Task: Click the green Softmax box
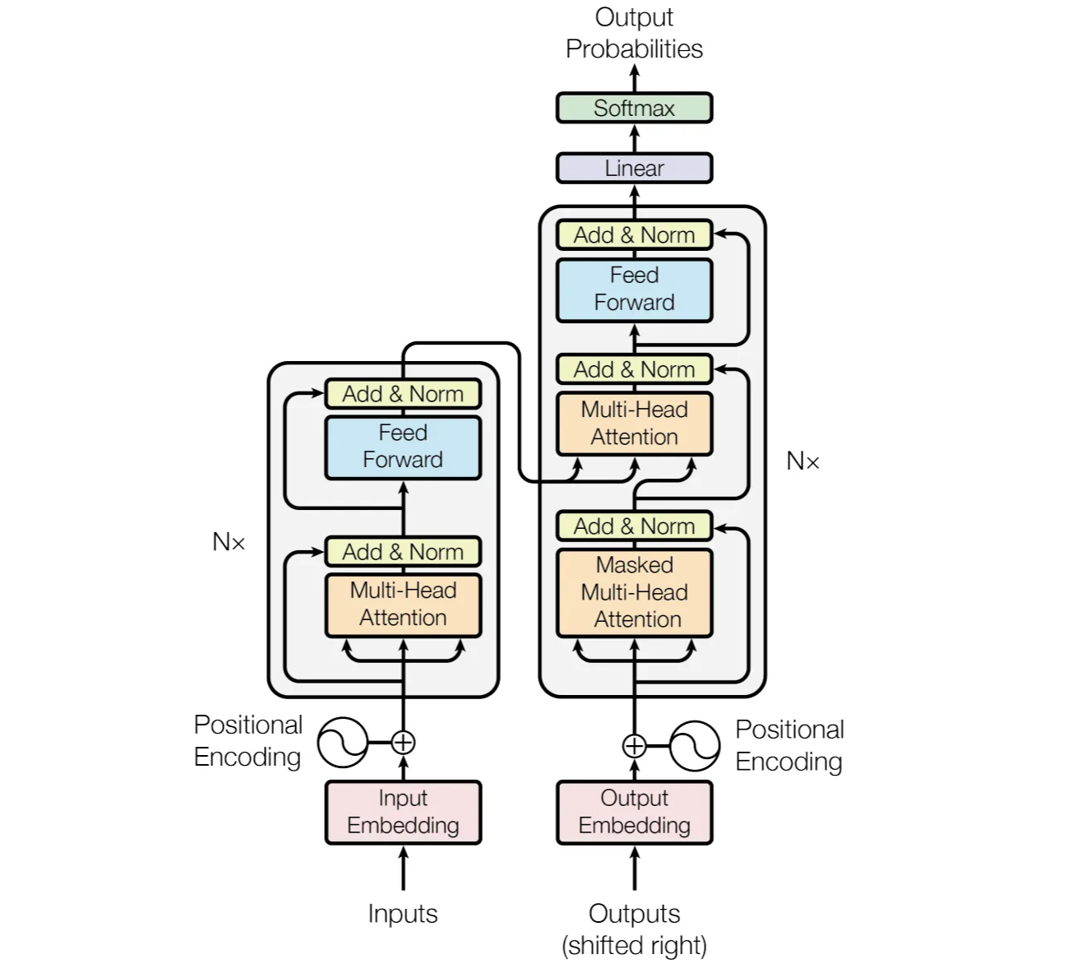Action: [x=634, y=108]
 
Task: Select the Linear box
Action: [x=634, y=168]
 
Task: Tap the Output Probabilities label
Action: [x=634, y=33]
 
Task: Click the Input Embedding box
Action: [x=403, y=812]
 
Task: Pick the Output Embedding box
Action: [x=634, y=812]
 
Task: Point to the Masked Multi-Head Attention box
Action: [x=634, y=592]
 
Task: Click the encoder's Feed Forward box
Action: [x=403, y=447]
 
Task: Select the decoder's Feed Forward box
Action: [x=634, y=289]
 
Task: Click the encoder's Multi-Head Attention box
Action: [x=403, y=605]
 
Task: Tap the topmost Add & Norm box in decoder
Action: [x=634, y=235]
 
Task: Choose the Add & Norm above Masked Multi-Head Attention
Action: [x=634, y=526]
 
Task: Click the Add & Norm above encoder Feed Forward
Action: [x=403, y=394]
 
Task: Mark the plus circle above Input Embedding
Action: [x=403, y=742]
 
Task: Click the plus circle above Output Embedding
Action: [x=634, y=746]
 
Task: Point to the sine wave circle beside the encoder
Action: [x=342, y=742]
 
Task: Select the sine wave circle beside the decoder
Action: [x=695, y=746]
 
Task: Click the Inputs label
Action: [x=403, y=914]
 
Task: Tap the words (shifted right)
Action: [x=634, y=946]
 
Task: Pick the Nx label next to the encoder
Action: [x=229, y=542]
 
